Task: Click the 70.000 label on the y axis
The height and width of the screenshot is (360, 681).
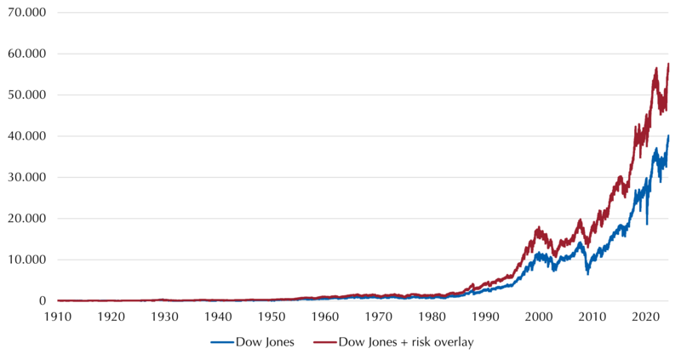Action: click(x=27, y=12)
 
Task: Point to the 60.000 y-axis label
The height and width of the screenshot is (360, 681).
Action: click(x=27, y=54)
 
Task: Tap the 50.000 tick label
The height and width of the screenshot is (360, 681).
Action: click(x=27, y=94)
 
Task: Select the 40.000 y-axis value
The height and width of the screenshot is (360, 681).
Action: click(x=27, y=136)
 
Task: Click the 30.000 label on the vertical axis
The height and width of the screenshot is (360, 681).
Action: click(x=27, y=177)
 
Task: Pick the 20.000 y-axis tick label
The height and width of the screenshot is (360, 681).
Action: click(x=27, y=219)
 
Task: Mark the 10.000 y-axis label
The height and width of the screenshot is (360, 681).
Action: click(x=27, y=260)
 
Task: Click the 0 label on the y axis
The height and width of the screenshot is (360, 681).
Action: click(x=42, y=300)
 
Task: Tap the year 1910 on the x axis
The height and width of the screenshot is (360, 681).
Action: click(x=58, y=317)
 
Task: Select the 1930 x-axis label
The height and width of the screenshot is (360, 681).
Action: click(x=164, y=317)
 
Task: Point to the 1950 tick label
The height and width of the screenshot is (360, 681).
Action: click(x=272, y=317)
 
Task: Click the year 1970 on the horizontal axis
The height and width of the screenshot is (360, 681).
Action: click(x=378, y=317)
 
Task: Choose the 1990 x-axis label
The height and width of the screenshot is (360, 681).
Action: click(x=485, y=317)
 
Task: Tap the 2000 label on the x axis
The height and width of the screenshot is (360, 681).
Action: click(x=539, y=317)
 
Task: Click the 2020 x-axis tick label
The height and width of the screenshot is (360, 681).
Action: click(x=645, y=317)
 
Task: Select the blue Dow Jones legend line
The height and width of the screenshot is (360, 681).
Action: click(x=222, y=343)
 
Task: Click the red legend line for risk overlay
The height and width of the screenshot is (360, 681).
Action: click(x=325, y=343)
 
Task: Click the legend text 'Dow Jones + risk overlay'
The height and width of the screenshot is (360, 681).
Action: click(x=406, y=342)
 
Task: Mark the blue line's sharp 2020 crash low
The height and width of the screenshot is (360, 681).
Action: click(x=647, y=224)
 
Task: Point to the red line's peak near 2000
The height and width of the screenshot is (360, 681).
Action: click(x=539, y=227)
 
